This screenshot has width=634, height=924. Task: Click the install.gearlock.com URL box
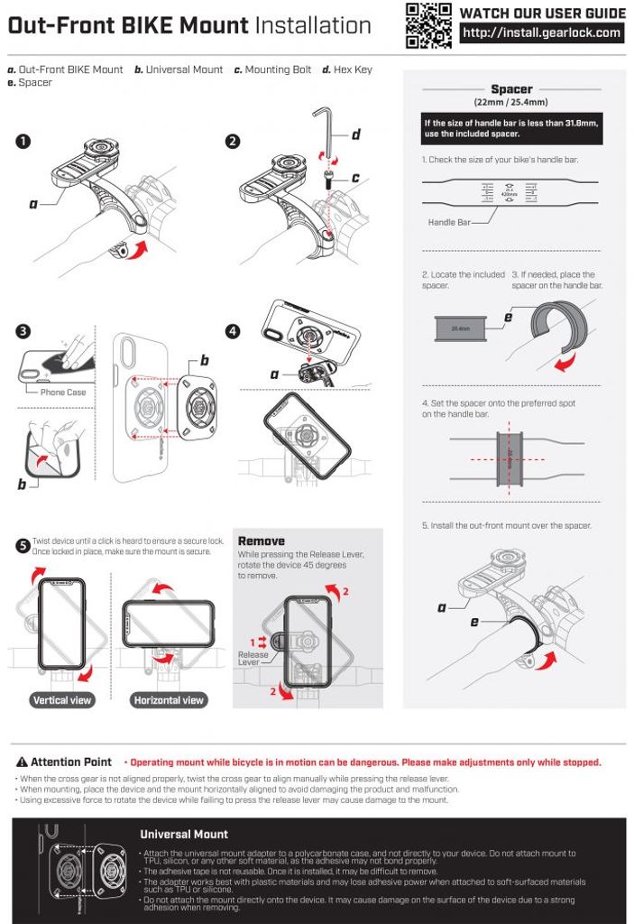[x=542, y=33]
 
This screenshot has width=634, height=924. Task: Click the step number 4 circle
[x=233, y=331]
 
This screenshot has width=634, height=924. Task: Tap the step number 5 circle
[x=23, y=545]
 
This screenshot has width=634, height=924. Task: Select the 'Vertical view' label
[x=62, y=700]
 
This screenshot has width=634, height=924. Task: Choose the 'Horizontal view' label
[x=169, y=700]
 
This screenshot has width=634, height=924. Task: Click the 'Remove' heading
[x=261, y=541]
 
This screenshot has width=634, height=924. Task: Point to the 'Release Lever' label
[x=253, y=658]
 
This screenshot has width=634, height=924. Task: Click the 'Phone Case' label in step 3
[x=63, y=393]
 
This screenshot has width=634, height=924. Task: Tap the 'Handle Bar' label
[x=449, y=222]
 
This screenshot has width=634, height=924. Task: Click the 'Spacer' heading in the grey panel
[x=511, y=89]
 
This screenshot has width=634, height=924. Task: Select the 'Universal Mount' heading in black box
[x=184, y=834]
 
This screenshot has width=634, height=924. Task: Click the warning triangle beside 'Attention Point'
[x=23, y=762]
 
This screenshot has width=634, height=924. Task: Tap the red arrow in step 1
[x=135, y=248]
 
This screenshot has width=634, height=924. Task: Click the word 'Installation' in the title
[x=313, y=26]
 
